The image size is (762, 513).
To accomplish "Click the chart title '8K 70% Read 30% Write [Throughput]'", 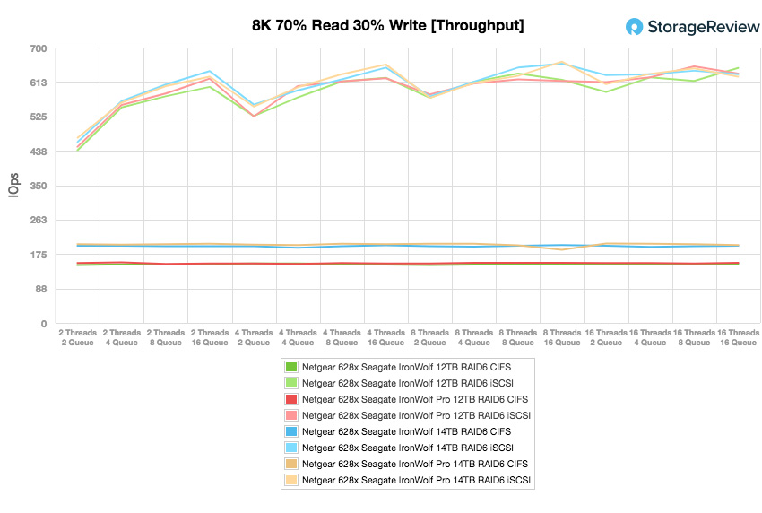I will tap(387, 25).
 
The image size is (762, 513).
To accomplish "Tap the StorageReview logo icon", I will tap(634, 27).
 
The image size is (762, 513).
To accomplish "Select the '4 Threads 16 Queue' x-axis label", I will tap(385, 337).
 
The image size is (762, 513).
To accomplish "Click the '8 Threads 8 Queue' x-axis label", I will tap(517, 337).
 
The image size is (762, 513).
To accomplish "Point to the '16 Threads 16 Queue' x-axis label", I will tap(737, 337).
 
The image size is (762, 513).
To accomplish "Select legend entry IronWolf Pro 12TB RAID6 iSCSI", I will tap(417, 415).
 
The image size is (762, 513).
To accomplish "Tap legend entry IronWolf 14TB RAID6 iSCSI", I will tap(408, 448).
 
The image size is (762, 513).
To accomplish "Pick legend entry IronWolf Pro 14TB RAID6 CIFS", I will tap(415, 464).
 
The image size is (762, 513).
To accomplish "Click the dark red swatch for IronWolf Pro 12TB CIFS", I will tap(290, 399).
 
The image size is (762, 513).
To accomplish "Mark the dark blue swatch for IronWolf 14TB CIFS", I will tap(290, 431).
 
